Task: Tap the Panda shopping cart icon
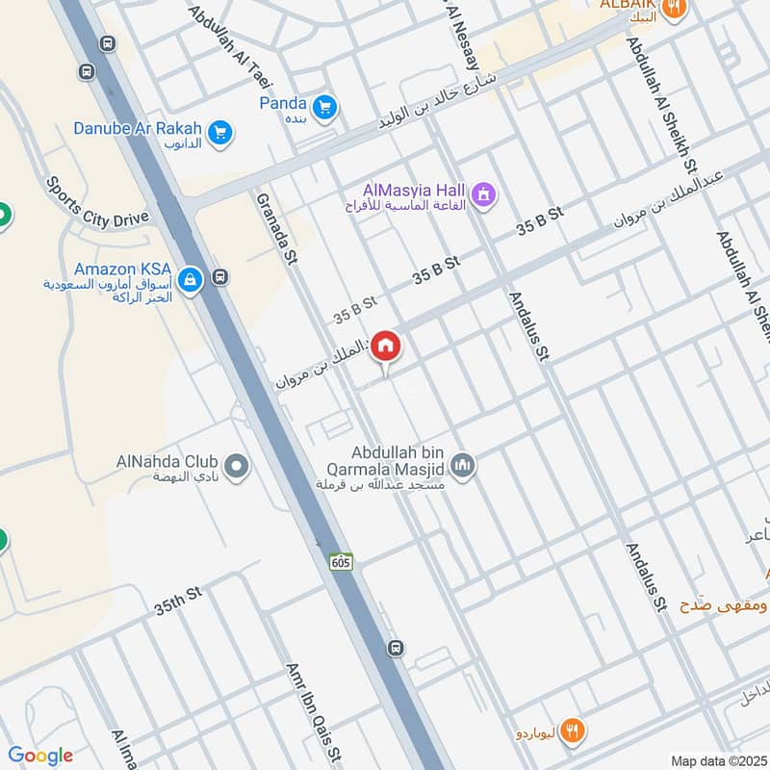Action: [324, 105]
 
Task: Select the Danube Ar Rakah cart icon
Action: [220, 134]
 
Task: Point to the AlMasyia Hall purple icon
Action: [483, 195]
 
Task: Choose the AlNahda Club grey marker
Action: [238, 468]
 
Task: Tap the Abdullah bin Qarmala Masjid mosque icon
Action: [463, 467]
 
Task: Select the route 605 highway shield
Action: [340, 560]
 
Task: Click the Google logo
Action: [40, 756]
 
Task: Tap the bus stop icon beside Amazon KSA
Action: [220, 277]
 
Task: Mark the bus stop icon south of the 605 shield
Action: [396, 647]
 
